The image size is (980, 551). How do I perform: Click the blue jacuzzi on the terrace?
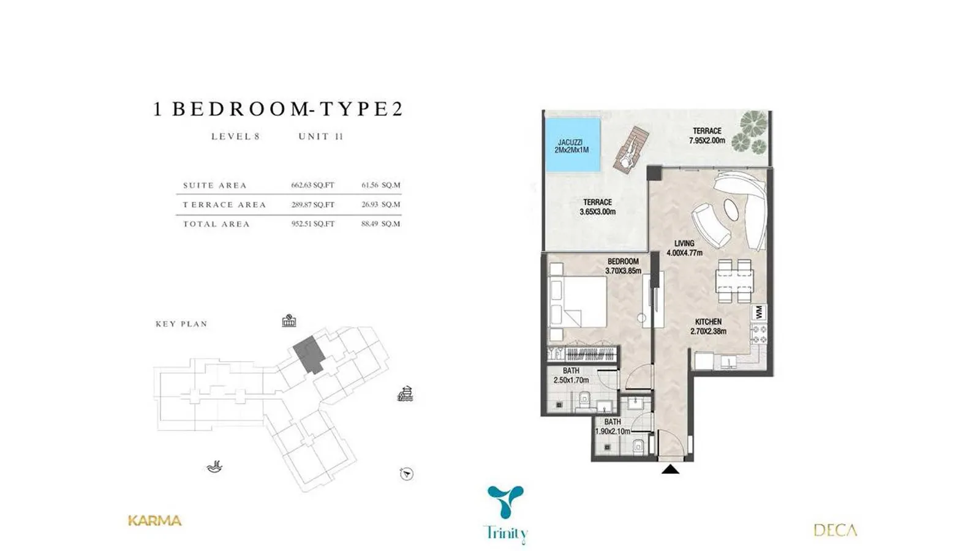click(572, 145)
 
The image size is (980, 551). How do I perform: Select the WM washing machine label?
click(759, 312)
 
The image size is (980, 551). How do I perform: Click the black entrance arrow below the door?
click(670, 469)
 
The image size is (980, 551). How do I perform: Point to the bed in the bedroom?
click(578, 301)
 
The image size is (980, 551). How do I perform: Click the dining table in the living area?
click(735, 281)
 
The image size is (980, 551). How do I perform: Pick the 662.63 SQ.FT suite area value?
click(313, 185)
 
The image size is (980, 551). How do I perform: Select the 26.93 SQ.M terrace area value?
click(380, 204)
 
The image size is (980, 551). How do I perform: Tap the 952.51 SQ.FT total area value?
click(313, 224)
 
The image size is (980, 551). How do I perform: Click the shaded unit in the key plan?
click(309, 354)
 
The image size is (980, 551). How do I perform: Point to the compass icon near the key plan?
click(407, 474)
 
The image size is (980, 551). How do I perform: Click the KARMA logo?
click(154, 521)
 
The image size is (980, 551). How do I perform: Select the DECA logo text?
click(835, 530)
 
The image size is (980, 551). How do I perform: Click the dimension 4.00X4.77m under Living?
click(684, 253)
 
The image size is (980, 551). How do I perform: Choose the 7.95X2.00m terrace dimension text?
click(707, 140)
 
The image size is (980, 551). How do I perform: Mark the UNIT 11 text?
click(321, 137)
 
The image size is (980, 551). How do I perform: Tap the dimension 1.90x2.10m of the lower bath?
click(612, 432)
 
